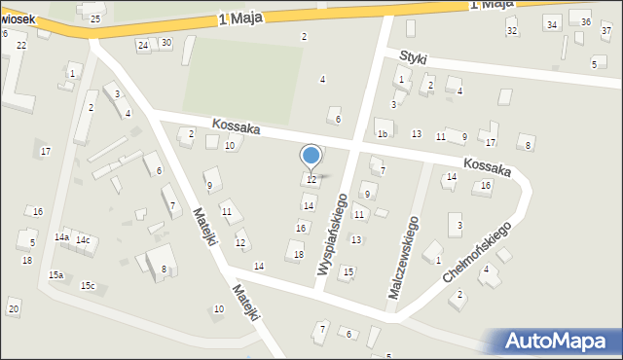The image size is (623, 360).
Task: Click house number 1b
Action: click(x=383, y=134)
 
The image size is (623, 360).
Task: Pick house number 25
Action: click(x=94, y=19)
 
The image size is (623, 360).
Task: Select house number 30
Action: click(x=166, y=43)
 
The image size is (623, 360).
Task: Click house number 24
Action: click(x=143, y=46)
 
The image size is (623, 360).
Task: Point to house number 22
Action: click(x=21, y=46)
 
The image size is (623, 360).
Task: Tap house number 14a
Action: click(x=61, y=237)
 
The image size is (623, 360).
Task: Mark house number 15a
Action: click(x=56, y=275)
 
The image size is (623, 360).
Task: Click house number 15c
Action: click(x=88, y=285)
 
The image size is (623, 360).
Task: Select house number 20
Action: click(x=13, y=309)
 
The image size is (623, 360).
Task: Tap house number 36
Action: click(x=586, y=22)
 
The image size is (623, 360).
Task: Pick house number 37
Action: click(x=606, y=31)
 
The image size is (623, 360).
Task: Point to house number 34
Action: click(x=552, y=25)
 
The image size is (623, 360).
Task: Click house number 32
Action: click(x=512, y=31)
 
